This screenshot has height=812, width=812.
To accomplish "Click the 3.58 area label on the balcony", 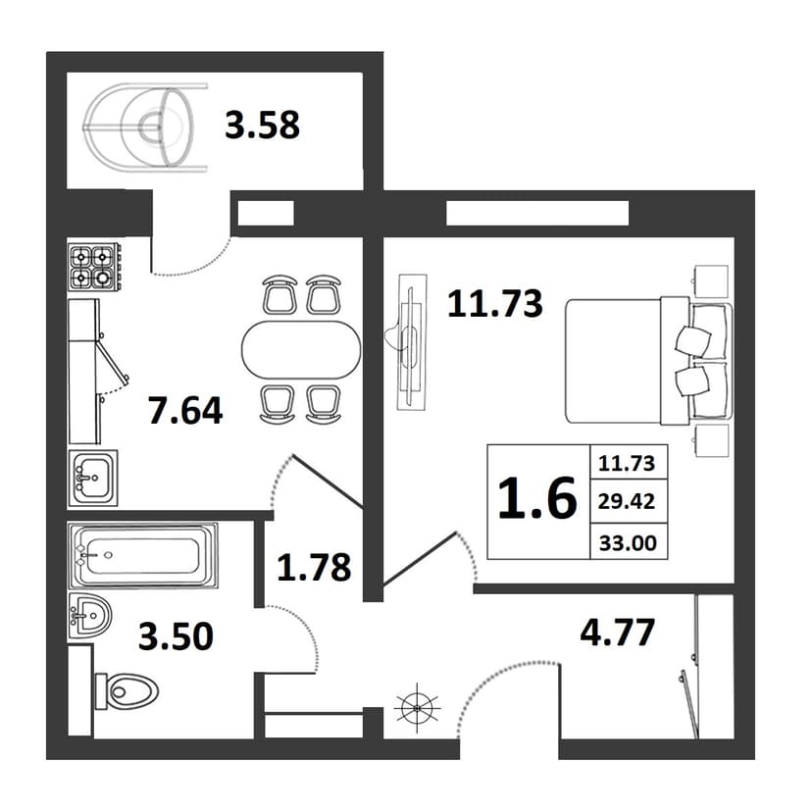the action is [x=262, y=126].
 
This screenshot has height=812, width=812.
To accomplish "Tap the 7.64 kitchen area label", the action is [x=185, y=410].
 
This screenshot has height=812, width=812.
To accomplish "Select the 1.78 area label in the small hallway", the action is [x=314, y=567].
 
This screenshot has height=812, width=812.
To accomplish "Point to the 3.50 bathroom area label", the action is [x=177, y=636].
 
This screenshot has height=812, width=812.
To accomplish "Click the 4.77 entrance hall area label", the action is [x=617, y=633].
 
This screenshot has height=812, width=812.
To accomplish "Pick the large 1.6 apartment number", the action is [x=537, y=498].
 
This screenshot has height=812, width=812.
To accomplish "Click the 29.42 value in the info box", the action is [x=627, y=501].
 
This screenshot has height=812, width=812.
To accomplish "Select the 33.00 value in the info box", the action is [x=628, y=543].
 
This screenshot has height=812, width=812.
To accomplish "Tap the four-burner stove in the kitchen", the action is [x=94, y=267].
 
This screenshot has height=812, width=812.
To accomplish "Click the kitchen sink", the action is [x=93, y=478].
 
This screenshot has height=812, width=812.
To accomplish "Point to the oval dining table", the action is [x=301, y=349].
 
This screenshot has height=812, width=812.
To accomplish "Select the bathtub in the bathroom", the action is [x=143, y=556].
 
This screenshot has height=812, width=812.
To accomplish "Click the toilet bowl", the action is [x=127, y=690].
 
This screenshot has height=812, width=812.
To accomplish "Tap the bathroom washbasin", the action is [x=89, y=616].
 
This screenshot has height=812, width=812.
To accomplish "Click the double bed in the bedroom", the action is [x=649, y=361].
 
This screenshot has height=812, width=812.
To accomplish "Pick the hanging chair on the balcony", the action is [x=145, y=127].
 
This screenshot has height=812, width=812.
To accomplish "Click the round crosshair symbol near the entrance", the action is [x=418, y=707].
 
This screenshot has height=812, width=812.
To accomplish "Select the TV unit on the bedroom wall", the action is [x=412, y=342].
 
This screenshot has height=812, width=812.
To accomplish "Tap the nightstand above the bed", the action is [x=710, y=281].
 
